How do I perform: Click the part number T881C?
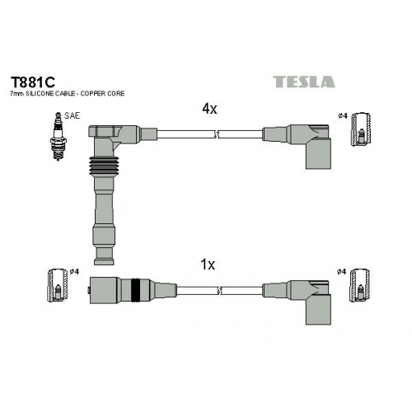pyautogui.click(x=33, y=82)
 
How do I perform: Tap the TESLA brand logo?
pyautogui.click(x=304, y=82)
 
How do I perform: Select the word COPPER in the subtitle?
pyautogui.click(x=94, y=94)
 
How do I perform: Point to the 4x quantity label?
pyautogui.click(x=209, y=109)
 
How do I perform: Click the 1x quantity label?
pyautogui.click(x=208, y=265)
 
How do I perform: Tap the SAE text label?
pyautogui.click(x=72, y=115)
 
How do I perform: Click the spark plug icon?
pyautogui.click(x=58, y=136)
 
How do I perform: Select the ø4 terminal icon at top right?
pyautogui.click(x=362, y=129)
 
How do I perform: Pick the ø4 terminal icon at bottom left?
pyautogui.click(x=58, y=285)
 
